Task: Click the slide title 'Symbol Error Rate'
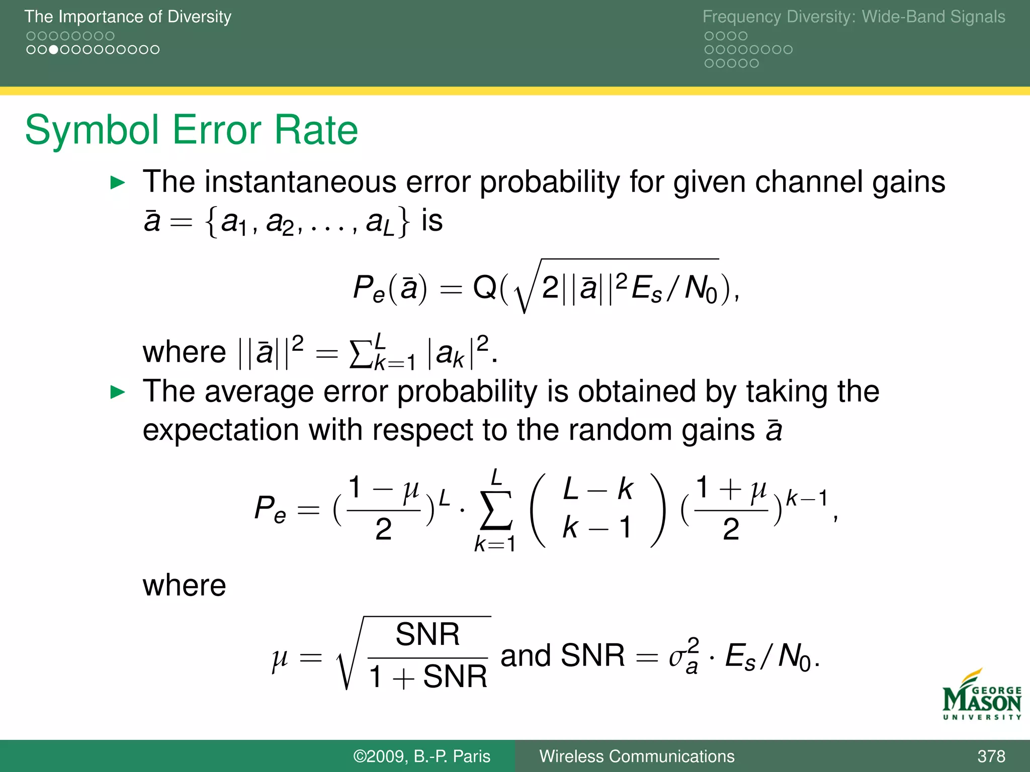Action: point(191,130)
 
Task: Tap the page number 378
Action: point(991,756)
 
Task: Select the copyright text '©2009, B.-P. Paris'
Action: point(421,756)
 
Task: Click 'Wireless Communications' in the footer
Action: point(637,756)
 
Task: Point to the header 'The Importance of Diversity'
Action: point(128,17)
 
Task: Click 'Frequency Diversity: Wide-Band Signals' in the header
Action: point(853,17)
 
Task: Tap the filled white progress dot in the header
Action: point(53,50)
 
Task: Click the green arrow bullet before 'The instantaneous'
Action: point(117,182)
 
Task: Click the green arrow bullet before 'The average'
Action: point(117,392)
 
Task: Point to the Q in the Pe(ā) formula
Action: point(485,287)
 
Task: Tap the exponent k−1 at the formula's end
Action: point(806,498)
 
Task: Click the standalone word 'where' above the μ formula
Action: point(184,586)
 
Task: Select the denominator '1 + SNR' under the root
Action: point(427,677)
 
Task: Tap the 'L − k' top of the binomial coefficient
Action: point(597,489)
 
